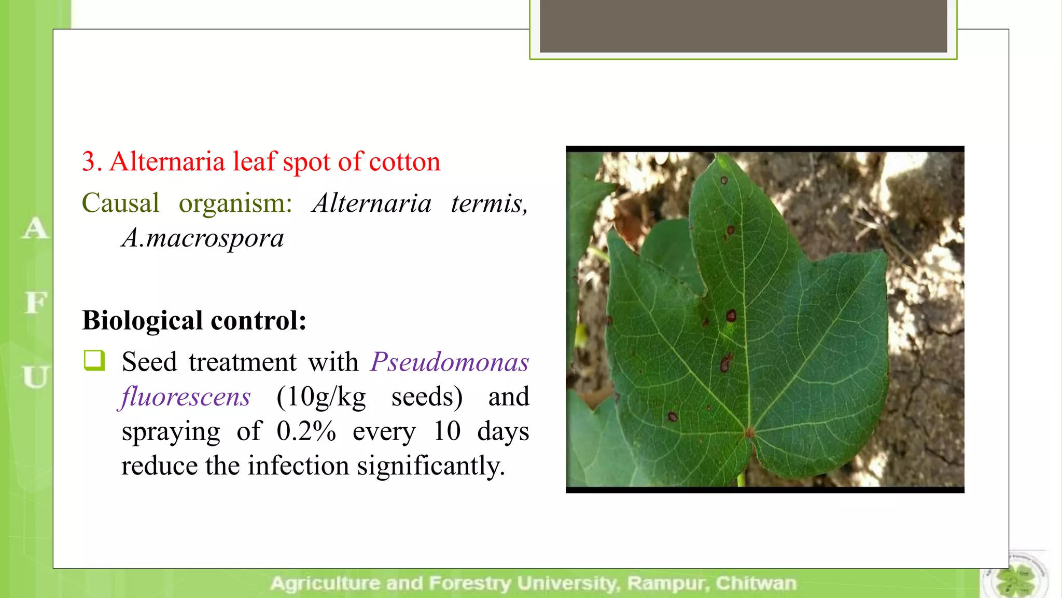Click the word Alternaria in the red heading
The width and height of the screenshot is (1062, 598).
pos(167,161)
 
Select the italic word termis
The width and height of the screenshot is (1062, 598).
pos(489,203)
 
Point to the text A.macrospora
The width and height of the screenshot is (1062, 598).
pos(203,238)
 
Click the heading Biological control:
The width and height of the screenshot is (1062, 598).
pos(194,320)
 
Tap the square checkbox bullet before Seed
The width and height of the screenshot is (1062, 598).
pos(94,361)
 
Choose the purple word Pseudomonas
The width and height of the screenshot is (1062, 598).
pos(450,362)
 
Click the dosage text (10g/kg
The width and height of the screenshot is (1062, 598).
pos(321,397)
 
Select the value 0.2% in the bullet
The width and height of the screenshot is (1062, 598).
pos(306,431)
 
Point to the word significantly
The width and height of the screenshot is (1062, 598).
pos(430,466)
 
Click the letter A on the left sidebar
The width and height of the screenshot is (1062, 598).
pos(35,228)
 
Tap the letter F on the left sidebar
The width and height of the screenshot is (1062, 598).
pos(35,303)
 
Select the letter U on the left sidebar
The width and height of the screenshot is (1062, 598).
pos(35,377)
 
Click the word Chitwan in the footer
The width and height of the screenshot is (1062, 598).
pos(756,583)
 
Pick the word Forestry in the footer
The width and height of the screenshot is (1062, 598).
pos(469,583)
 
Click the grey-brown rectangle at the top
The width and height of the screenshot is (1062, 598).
pos(743,26)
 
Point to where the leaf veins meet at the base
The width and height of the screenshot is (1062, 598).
pos(749,432)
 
